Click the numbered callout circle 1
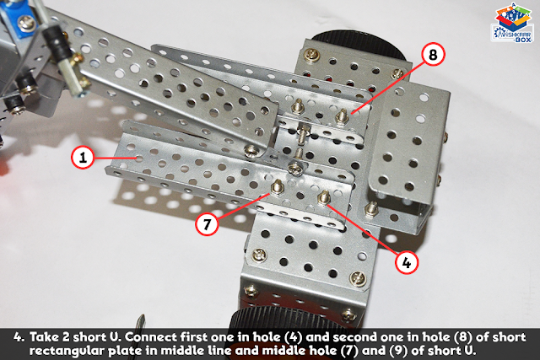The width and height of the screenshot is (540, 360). [83, 158]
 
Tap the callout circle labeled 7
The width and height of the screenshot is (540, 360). [207, 224]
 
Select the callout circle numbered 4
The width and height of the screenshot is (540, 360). [407, 263]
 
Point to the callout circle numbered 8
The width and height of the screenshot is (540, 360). [433, 54]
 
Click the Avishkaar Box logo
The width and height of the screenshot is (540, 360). [512, 23]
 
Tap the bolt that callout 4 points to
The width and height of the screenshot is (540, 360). [323, 197]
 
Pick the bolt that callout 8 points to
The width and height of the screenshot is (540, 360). [342, 116]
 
